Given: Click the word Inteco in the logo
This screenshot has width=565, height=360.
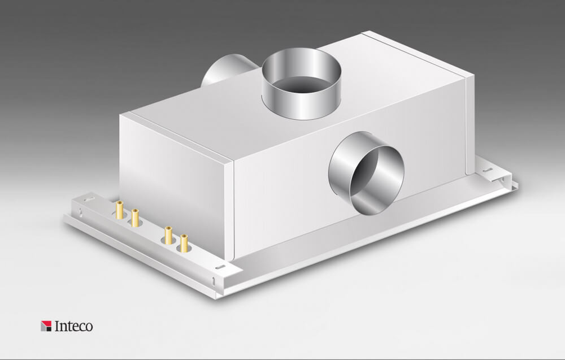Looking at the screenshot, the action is click(73, 326).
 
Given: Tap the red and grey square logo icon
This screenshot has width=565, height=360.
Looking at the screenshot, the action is click(46, 326).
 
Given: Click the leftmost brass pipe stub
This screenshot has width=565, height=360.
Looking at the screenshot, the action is click(119, 210).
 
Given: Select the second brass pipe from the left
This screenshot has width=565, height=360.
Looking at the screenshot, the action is click(135, 218).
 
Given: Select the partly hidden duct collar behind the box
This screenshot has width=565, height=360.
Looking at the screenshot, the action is click(228, 69).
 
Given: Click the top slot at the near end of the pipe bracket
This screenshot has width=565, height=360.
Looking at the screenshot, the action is click(220, 267).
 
